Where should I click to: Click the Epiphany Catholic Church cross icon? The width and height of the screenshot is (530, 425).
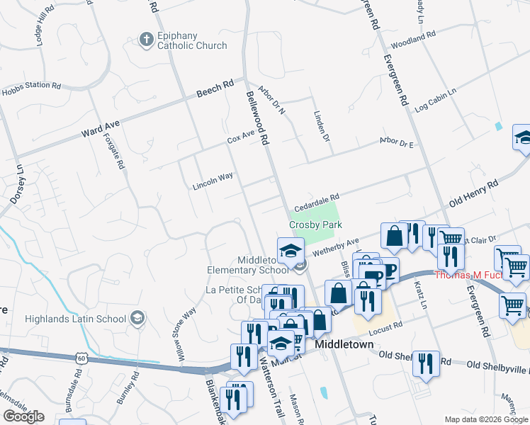point(146,39)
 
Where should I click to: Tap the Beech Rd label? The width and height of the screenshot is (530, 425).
point(215,89)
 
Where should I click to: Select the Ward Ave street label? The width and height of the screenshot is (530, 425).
point(101,127)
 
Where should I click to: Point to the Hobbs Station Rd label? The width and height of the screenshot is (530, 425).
point(30,89)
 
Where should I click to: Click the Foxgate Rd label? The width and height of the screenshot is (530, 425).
point(114,152)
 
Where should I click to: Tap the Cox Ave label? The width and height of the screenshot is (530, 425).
point(241,136)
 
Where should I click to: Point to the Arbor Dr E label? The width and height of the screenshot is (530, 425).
point(397,143)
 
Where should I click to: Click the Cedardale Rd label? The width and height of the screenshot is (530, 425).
point(317,198)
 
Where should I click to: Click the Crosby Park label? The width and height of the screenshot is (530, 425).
point(315,225)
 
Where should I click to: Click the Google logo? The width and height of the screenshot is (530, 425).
point(23,416)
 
